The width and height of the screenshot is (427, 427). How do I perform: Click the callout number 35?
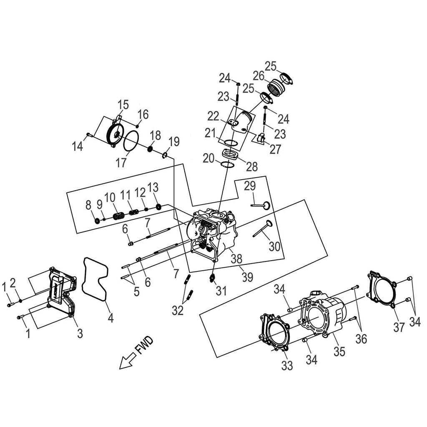pos(340,352)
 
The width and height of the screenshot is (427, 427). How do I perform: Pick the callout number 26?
pos(259,76)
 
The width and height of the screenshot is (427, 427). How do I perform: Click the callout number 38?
pos(236,259)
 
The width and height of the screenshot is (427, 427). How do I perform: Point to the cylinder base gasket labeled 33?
pos(275,329)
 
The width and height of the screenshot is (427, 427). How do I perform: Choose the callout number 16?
pos(143,114)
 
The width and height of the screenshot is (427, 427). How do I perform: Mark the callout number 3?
pos(79,333)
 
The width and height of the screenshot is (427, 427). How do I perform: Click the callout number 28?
pos(252,167)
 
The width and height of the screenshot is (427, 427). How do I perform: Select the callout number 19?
pos(174,141)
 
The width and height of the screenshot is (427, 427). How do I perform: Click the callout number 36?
pos(361,339)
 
